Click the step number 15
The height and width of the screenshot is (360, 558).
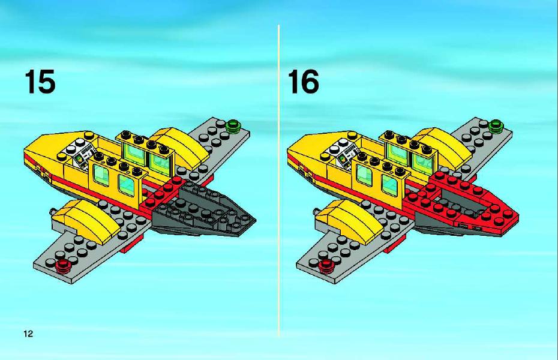click(40, 82)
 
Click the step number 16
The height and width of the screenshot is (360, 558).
click(303, 82)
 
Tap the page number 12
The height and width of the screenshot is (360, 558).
click(28, 334)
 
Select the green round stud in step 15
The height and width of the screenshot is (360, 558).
click(233, 125)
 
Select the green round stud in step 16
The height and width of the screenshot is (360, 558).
click(496, 125)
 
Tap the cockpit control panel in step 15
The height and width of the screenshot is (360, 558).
click(84, 155)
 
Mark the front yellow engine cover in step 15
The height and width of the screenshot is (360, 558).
click(83, 221)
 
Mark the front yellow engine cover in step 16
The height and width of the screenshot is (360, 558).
click(347, 221)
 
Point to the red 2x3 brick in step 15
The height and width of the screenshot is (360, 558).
click(162, 194)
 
